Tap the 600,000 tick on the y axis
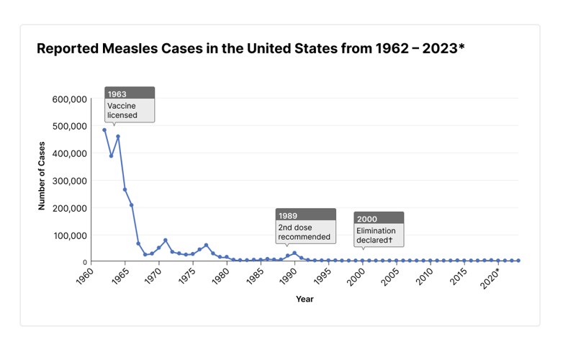[71, 99]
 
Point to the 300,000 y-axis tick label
[71, 181]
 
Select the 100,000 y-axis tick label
[71, 235]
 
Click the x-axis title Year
[305, 299]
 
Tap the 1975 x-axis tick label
[187, 276]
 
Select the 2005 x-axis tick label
[391, 276]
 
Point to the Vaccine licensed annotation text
[122, 110]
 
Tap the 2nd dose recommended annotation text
[304, 232]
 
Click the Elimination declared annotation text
[377, 235]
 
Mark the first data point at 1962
[104, 130]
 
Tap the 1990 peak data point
[294, 253]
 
